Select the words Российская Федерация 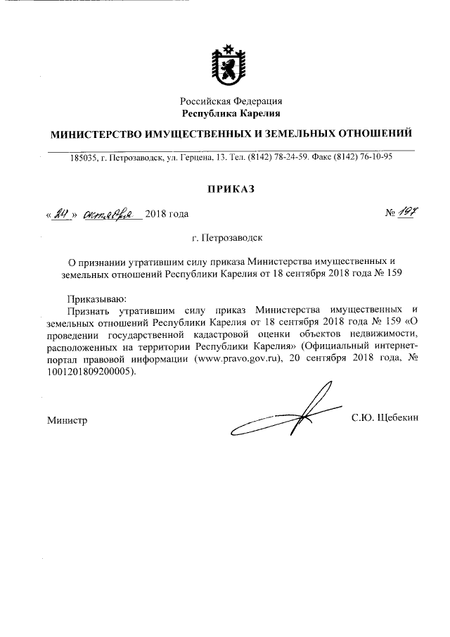[x=231, y=101]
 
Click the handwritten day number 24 [x=59, y=213]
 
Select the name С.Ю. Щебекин [x=385, y=418]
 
